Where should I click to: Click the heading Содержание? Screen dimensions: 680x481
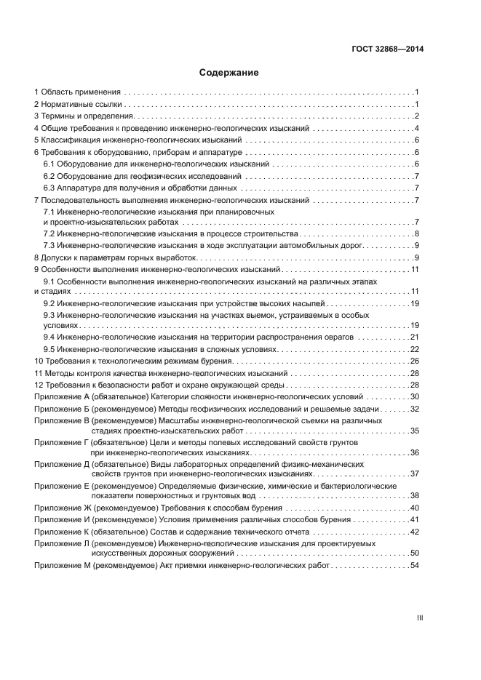coord(228,73)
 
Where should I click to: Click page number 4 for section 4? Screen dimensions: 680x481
coord(416,128)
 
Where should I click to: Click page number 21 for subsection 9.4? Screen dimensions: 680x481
coord(414,337)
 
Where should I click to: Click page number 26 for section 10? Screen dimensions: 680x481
coord(414,361)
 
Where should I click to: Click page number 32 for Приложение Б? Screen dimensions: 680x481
coord(414,408)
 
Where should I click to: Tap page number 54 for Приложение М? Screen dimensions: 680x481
coord(414,565)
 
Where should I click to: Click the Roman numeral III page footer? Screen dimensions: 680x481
coord(419,618)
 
